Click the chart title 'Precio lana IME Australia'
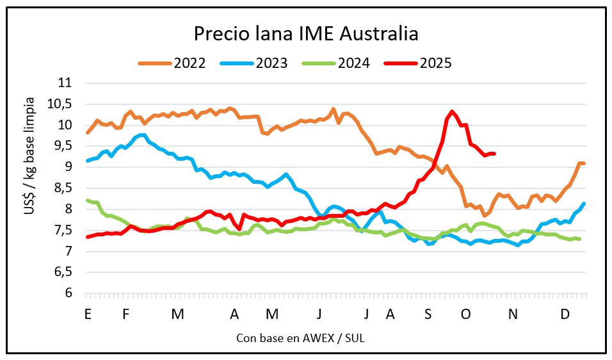click(x=306, y=33)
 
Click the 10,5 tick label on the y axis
click(x=61, y=104)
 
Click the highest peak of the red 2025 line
click(x=452, y=111)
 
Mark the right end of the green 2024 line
click(x=580, y=239)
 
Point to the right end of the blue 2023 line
click(x=584, y=204)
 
